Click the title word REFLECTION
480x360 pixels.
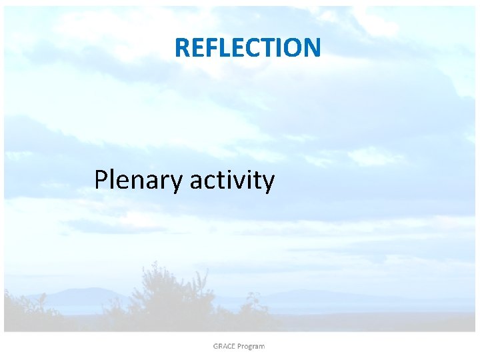click(x=247, y=47)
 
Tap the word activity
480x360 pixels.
click(x=231, y=180)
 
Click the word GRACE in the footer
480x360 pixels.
click(x=225, y=346)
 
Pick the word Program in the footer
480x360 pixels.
click(x=252, y=346)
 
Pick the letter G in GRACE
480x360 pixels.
click(x=217, y=346)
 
